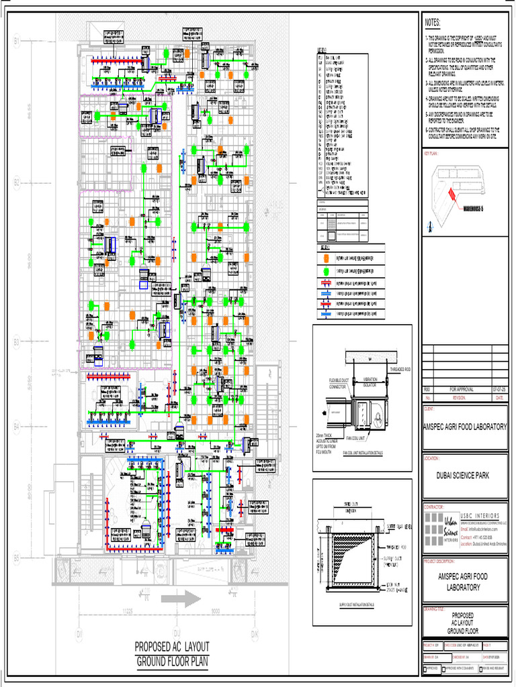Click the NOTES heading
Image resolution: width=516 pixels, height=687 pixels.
pos(433,22)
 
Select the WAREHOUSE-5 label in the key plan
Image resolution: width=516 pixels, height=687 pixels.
pos(478,210)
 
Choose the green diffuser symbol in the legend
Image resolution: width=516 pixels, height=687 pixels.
pos(325,270)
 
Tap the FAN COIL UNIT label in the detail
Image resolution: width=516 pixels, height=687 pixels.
pos(355,438)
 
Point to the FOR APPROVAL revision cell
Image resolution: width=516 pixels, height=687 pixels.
pos(462,389)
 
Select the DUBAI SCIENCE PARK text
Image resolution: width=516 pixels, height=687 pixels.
pos(464,477)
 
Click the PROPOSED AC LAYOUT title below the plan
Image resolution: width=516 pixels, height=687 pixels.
pos(172,647)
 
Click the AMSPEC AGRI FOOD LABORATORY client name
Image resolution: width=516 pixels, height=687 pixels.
pos(464,427)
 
